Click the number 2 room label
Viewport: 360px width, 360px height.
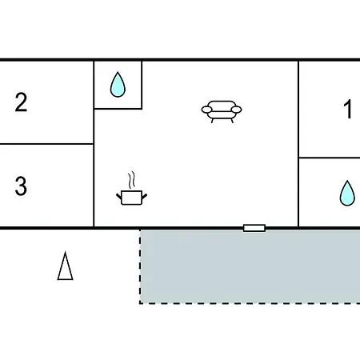21,102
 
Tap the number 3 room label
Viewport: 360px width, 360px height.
21,186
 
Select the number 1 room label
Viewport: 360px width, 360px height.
348,109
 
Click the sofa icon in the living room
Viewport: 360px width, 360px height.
222,112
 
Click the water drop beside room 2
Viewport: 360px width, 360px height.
118,84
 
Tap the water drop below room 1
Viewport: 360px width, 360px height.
347,193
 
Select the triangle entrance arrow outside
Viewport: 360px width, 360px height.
65,266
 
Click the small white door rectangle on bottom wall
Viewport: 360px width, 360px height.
254,228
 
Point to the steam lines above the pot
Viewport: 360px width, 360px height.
131,180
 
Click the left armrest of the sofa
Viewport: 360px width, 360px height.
206,110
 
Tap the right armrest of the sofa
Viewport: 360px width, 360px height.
237,110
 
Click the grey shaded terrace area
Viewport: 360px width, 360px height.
250,266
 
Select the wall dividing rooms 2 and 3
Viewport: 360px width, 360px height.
46,144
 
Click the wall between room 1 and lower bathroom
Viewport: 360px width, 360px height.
330,158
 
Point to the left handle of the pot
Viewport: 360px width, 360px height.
118,197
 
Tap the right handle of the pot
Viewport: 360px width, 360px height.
144,197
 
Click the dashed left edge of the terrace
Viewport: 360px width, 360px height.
140,266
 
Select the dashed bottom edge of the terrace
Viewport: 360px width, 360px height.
250,303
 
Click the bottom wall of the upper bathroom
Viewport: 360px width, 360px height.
118,109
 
